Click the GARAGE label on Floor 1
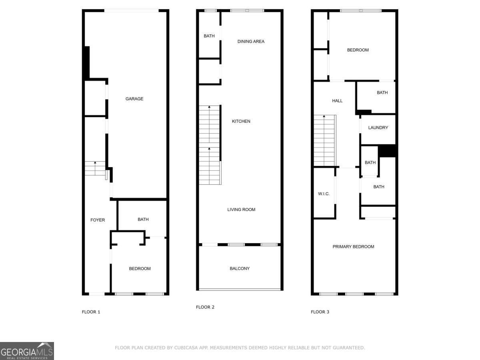click(134, 99)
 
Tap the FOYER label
click(98, 220)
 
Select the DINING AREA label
click(251, 41)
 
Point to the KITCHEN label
click(241, 121)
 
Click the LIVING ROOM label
click(241, 210)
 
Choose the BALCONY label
click(240, 268)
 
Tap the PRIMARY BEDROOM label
click(353, 246)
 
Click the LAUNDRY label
click(378, 128)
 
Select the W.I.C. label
click(324, 194)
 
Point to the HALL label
click(337, 101)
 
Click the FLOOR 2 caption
click(205, 307)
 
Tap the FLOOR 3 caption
click(320, 312)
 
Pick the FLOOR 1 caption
click(91, 312)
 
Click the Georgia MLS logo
click(27, 351)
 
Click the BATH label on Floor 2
click(209, 36)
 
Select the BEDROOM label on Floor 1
click(140, 268)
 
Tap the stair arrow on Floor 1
click(95, 163)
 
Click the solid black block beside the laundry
click(387, 151)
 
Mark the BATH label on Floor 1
click(143, 219)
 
